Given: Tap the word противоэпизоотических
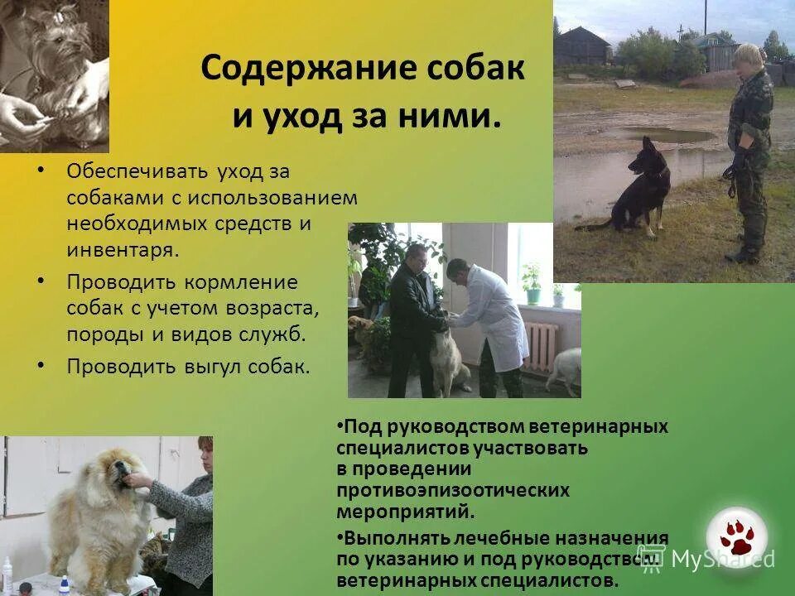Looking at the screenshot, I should [x=453, y=490].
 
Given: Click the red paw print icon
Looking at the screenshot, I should [x=735, y=536].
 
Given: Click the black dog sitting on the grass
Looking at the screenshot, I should [x=643, y=186].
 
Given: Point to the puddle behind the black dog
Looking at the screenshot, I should [x=667, y=135].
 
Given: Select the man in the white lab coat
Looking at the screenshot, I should [x=494, y=315].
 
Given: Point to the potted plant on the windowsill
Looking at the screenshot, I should [x=531, y=281].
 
